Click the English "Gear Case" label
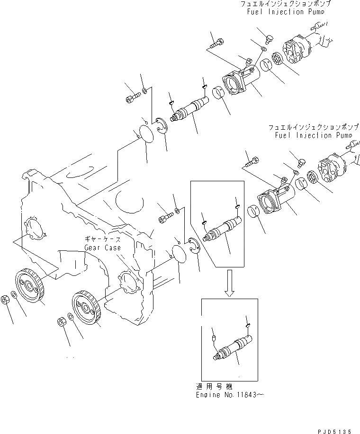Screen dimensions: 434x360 (x=102, y=248)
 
